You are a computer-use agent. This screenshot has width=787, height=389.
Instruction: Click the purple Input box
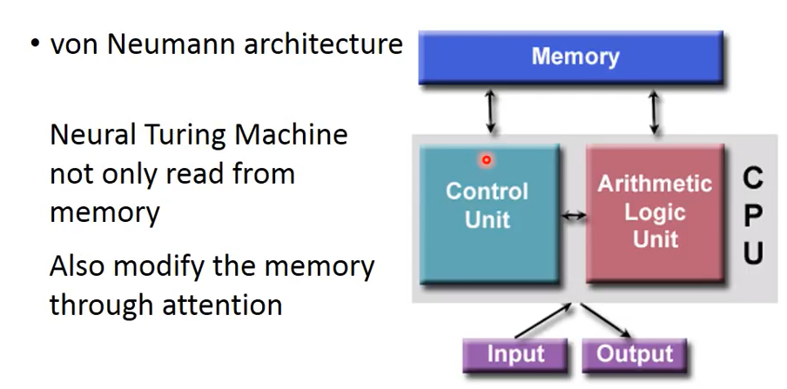(515, 354)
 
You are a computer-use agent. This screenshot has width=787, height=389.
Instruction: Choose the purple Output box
(635, 354)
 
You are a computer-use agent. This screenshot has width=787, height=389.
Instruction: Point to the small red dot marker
(486, 160)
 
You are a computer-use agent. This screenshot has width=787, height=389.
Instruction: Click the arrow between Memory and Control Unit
(493, 111)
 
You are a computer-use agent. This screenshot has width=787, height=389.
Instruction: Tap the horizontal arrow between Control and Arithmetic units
(574, 215)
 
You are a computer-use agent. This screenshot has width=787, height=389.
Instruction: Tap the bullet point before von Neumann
(33, 44)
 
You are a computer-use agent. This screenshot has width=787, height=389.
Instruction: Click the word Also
(81, 266)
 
